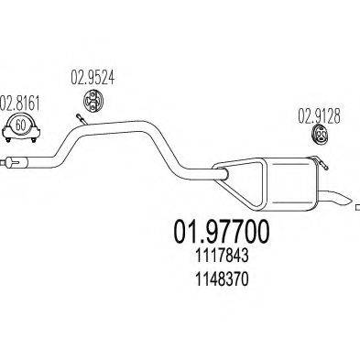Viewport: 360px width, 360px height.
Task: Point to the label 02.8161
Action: tap(21, 101)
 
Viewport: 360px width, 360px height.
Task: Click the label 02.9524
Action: tap(92, 76)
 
